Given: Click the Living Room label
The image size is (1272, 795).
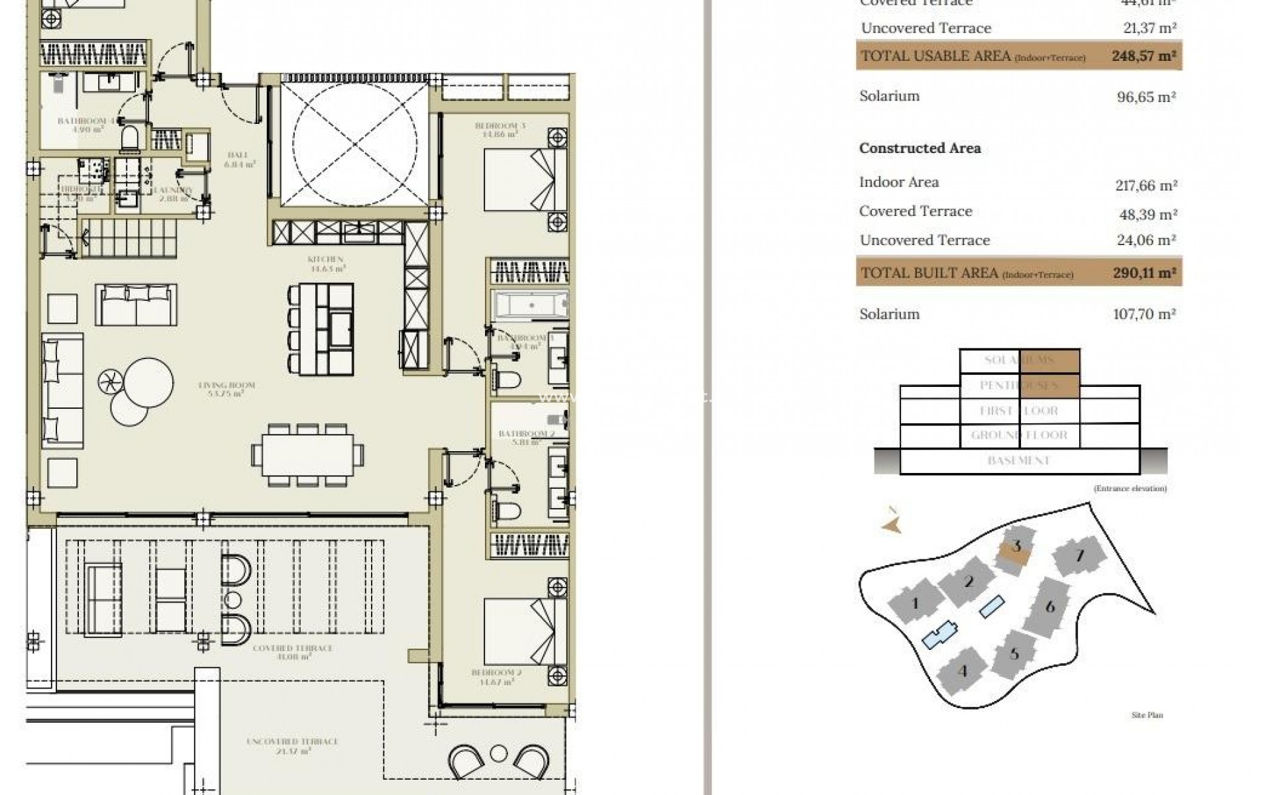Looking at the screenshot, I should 226,389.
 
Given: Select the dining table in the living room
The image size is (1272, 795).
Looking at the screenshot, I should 307,454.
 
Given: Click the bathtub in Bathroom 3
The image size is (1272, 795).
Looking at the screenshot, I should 529,306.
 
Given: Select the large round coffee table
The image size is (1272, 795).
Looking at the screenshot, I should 148,383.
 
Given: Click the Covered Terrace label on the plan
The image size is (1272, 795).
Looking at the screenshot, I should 291,652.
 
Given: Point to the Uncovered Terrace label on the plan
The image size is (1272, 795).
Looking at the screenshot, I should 292,745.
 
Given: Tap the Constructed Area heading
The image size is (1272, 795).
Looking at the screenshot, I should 920,148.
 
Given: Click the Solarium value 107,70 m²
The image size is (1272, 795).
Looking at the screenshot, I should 1144,314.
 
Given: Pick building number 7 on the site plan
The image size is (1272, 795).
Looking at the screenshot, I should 1080,555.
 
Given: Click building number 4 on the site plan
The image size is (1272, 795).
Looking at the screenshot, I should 963,671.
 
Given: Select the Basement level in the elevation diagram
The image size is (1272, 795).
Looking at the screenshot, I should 1019,460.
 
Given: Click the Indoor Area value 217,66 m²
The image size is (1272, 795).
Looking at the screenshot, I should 1145,185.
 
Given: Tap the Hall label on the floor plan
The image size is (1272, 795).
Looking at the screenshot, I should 238,159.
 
